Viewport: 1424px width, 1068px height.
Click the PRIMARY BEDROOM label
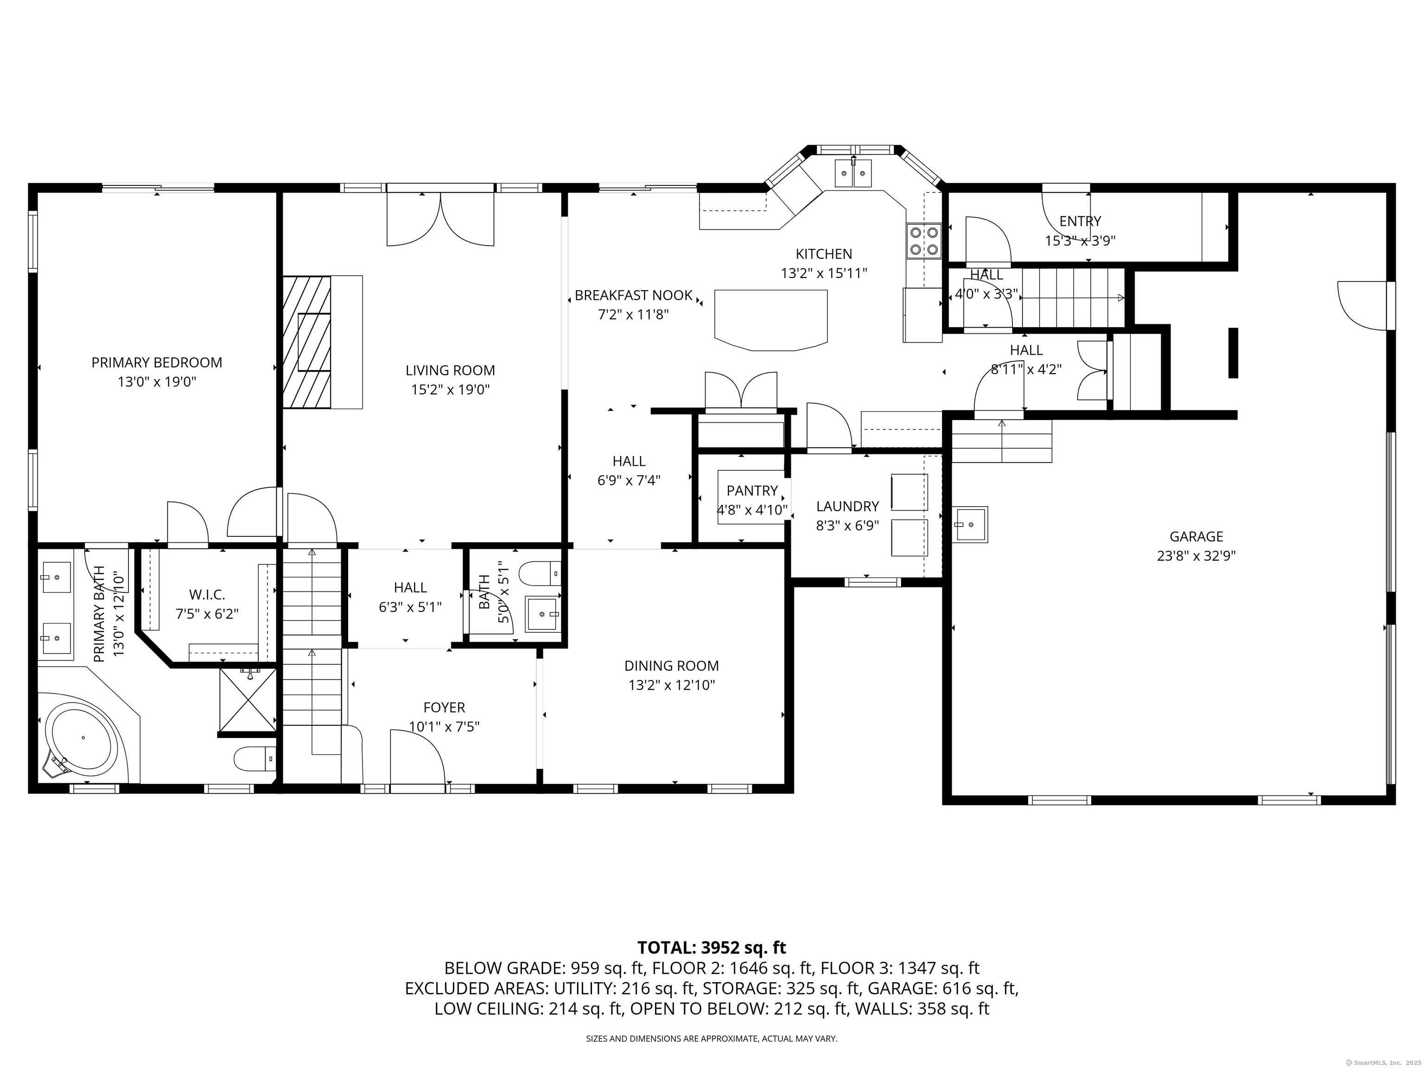(x=156, y=362)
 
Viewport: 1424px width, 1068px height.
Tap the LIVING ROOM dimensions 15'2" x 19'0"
(x=451, y=389)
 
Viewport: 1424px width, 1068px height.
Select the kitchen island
(x=770, y=320)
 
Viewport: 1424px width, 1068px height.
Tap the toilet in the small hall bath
(x=540, y=573)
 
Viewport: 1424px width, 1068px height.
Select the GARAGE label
(x=1196, y=536)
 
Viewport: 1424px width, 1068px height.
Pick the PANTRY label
(x=752, y=490)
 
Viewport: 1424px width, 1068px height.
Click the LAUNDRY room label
(x=847, y=507)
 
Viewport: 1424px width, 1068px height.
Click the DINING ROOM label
(x=672, y=666)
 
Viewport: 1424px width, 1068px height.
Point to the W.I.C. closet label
(x=207, y=595)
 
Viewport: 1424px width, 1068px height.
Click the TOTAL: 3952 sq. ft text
(x=712, y=947)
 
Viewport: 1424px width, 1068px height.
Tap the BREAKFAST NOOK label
(x=634, y=295)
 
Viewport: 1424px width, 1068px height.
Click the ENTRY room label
(x=1080, y=222)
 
